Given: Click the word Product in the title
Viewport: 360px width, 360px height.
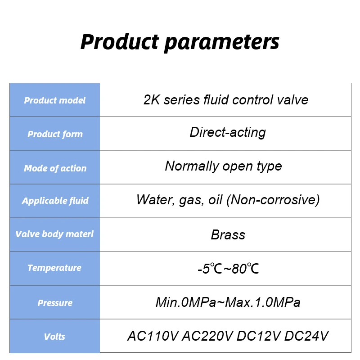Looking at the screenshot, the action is (x=120, y=41).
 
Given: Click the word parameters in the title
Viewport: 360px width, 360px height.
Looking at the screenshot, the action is (x=222, y=43).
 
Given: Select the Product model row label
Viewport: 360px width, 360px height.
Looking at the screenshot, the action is (x=55, y=100).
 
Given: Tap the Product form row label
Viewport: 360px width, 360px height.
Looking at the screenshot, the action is (x=55, y=134).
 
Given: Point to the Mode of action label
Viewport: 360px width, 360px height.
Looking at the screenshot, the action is (x=55, y=168).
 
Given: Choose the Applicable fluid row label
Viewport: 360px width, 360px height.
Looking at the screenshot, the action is (x=55, y=201).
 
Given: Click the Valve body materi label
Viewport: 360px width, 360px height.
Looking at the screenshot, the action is (x=54, y=234).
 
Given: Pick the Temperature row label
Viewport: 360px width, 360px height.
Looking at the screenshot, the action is (x=54, y=268).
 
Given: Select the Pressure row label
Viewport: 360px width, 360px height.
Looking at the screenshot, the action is (x=55, y=303).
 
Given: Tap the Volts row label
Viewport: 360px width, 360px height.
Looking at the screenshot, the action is (x=54, y=337).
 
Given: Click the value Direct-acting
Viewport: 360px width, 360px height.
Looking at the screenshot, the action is (x=228, y=133).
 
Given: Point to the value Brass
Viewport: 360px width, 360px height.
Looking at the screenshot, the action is (x=228, y=235).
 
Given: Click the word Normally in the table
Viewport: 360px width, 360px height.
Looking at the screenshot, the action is (x=192, y=166).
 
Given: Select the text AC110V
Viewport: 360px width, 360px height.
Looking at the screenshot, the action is (x=153, y=336).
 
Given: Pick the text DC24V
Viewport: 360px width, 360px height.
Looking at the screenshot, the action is (x=306, y=336).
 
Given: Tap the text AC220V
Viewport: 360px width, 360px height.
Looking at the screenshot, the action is (x=207, y=336).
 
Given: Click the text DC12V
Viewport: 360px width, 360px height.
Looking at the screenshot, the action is (x=258, y=336).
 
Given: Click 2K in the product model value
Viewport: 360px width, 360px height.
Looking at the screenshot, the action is (x=152, y=100).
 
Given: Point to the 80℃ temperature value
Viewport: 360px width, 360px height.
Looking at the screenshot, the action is (x=245, y=268).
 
